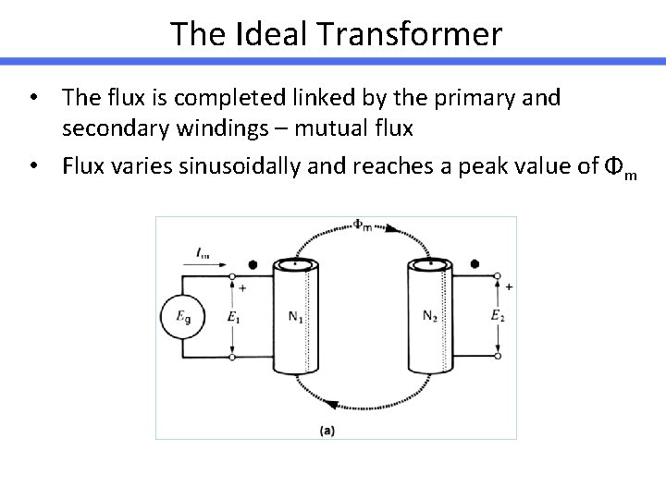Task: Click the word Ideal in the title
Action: (275, 34)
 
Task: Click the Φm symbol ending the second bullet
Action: (619, 167)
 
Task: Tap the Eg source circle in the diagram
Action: (183, 317)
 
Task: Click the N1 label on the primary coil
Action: (295, 317)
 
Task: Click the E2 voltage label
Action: (498, 317)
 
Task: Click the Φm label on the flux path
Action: (364, 225)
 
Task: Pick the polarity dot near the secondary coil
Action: (475, 263)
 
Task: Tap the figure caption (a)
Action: (327, 430)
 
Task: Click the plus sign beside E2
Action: (509, 287)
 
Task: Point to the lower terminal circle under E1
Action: (232, 356)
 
